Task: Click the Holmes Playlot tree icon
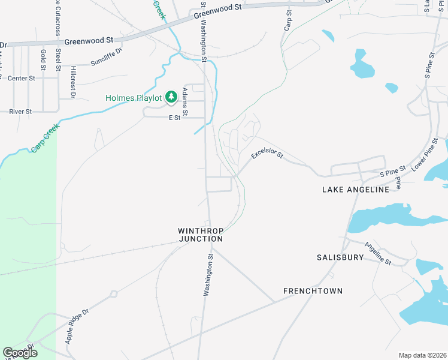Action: tap(171, 97)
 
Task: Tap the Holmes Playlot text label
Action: tap(134, 97)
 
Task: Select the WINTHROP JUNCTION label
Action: tap(200, 235)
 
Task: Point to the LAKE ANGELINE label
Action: tap(356, 189)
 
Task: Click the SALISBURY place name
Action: tap(340, 257)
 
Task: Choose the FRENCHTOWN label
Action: tap(313, 291)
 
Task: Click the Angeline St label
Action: tap(377, 254)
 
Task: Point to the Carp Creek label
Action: tap(41, 139)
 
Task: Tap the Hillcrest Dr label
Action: tap(72, 82)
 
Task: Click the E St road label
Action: tap(174, 118)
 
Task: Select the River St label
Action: tap(20, 111)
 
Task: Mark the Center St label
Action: tap(21, 78)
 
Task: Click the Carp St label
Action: tap(288, 20)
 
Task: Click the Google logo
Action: tap(20, 352)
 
